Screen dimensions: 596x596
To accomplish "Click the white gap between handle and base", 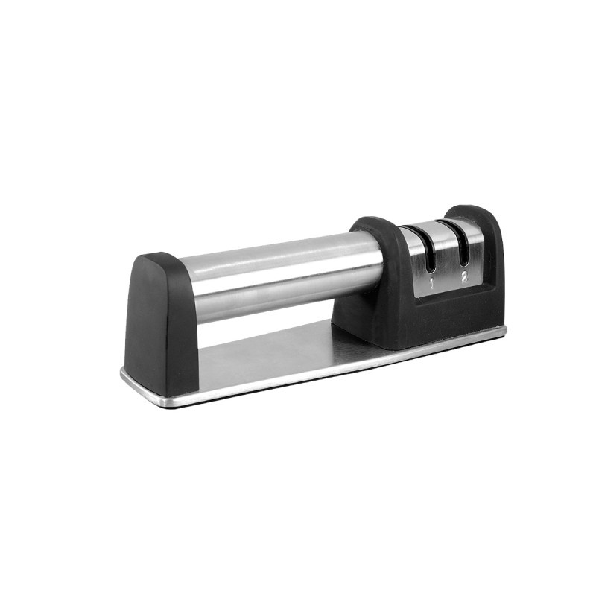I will (x=261, y=320).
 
